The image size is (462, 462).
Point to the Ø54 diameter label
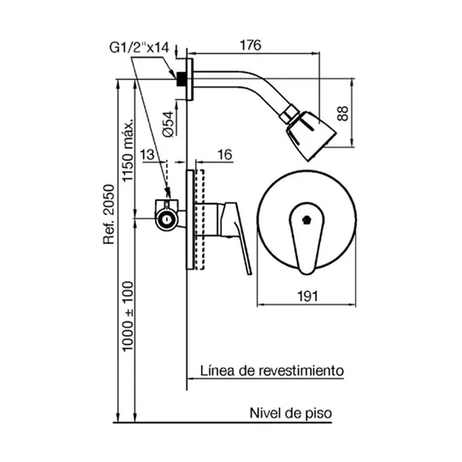coord(169,124)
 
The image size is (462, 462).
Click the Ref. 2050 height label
coord(110,214)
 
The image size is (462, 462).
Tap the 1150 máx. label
coord(128,150)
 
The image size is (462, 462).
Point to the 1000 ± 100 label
coord(128,316)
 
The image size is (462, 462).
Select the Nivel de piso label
coord(291,413)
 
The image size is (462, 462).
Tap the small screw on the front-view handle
coord(306,220)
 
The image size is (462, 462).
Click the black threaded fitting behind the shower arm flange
coord(181,79)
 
